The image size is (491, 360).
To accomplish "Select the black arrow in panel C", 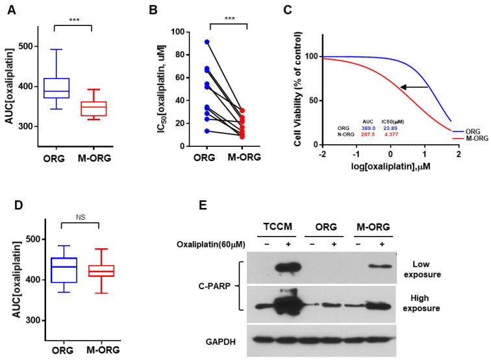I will point(414,86).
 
